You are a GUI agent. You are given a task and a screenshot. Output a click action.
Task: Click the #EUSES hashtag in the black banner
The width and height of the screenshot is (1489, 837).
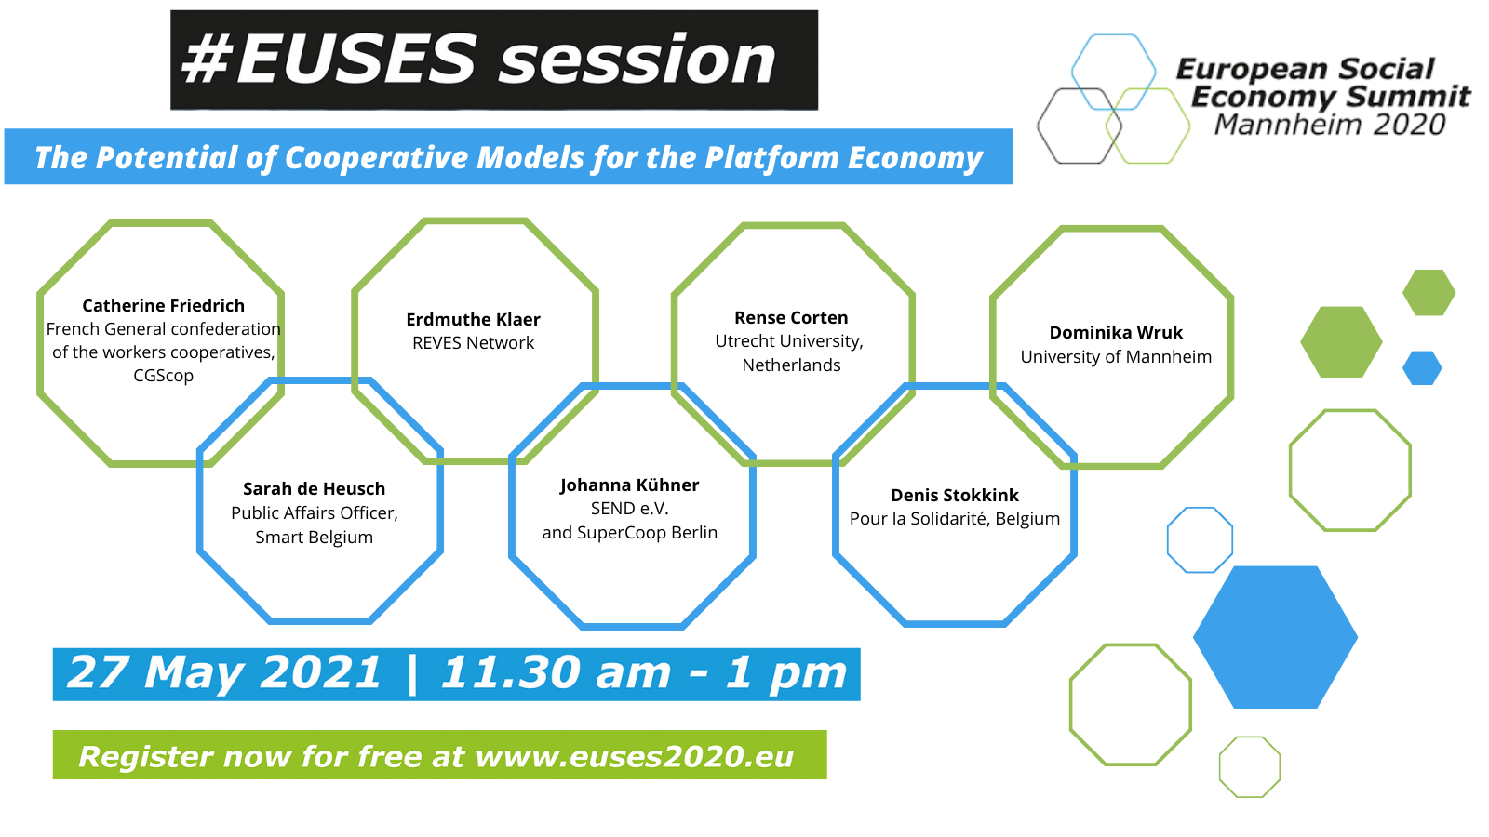(x=329, y=60)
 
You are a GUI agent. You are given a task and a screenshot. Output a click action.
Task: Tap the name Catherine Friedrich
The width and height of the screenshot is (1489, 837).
(x=164, y=306)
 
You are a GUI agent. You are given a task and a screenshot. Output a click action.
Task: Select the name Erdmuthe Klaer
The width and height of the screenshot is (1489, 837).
(x=474, y=320)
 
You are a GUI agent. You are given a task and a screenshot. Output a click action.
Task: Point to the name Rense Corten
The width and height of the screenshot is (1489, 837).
(x=791, y=317)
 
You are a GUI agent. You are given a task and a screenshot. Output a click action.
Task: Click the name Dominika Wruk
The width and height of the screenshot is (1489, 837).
(x=1116, y=332)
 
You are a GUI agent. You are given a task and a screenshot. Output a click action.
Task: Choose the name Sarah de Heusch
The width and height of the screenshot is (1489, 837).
(x=314, y=489)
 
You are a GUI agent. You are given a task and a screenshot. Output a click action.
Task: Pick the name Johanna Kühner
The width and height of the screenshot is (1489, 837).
(x=629, y=485)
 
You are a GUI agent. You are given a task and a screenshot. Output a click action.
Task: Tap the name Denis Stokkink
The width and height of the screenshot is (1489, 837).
(x=955, y=495)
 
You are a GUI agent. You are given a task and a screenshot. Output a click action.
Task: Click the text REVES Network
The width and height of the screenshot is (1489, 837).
(x=474, y=343)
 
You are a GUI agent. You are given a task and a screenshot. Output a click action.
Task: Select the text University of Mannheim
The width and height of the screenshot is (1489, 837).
(x=1116, y=357)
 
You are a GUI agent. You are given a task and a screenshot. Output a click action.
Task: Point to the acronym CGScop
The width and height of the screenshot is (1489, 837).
(x=164, y=376)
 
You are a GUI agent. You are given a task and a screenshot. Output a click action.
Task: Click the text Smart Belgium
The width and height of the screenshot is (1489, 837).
(x=314, y=537)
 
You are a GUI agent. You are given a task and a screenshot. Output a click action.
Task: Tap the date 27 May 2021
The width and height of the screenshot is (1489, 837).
(x=224, y=672)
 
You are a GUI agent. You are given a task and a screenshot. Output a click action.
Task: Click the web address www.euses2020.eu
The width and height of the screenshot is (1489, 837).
(x=635, y=757)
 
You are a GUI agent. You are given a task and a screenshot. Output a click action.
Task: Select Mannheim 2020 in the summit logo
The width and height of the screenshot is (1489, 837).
(x=1330, y=125)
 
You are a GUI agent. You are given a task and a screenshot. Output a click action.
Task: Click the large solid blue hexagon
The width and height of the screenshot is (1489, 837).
(x=1275, y=637)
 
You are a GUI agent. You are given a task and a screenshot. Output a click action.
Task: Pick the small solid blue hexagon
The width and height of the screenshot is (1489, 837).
(x=1422, y=368)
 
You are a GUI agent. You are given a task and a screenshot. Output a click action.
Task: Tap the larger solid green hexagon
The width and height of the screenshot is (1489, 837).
(x=1341, y=342)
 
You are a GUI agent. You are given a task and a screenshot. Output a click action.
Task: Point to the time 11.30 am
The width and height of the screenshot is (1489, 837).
(x=555, y=672)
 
